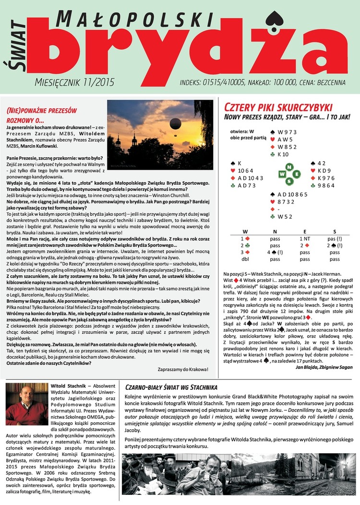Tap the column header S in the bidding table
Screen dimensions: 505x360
[x=335, y=231]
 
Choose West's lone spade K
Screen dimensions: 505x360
[x=236, y=163]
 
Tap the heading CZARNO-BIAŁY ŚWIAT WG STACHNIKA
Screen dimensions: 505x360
[x=171, y=387]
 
